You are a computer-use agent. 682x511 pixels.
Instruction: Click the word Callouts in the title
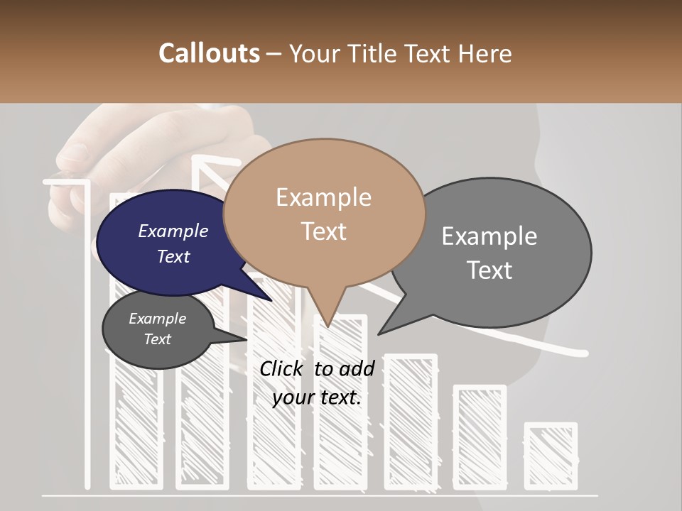pyautogui.click(x=209, y=53)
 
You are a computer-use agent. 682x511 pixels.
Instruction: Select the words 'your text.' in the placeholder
pyautogui.click(x=317, y=397)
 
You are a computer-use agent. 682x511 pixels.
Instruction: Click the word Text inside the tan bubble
pyautogui.click(x=324, y=231)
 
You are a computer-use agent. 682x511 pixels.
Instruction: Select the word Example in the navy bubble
pyautogui.click(x=173, y=231)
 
